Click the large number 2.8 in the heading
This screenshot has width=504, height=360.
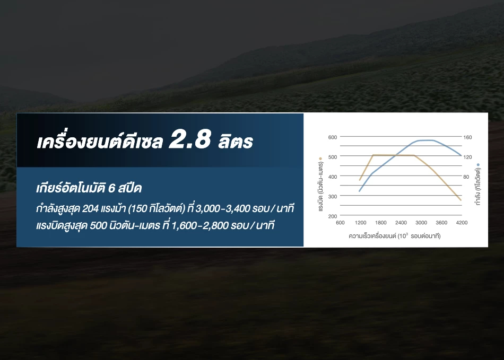pyautogui.click(x=190, y=139)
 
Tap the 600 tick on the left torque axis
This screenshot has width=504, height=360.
pyautogui.click(x=332, y=137)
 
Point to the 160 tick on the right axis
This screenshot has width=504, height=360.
pyautogui.click(x=467, y=137)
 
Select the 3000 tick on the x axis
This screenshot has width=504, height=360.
pyautogui.click(x=421, y=223)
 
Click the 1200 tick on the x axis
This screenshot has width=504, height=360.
pyautogui.click(x=360, y=223)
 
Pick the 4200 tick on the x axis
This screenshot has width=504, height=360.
pyautogui.click(x=462, y=223)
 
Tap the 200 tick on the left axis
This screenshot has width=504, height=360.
pyautogui.click(x=332, y=216)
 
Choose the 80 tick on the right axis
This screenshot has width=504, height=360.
pyautogui.click(x=466, y=177)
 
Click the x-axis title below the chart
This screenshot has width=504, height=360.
pyautogui.click(x=394, y=236)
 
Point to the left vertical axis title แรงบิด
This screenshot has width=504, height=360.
pyautogui.click(x=320, y=187)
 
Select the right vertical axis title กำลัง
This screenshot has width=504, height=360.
pyautogui.click(x=478, y=187)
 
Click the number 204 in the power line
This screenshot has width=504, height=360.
pyautogui.click(x=90, y=209)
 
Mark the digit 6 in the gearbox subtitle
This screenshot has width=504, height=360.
pyautogui.click(x=111, y=188)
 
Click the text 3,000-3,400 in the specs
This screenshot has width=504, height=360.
pyautogui.click(x=222, y=209)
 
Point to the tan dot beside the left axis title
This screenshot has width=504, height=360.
pyautogui.click(x=320, y=159)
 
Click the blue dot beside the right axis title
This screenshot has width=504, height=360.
pyautogui.click(x=478, y=165)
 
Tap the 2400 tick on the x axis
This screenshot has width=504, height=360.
pyautogui.click(x=401, y=223)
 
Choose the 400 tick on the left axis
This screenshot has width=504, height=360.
pyautogui.click(x=332, y=177)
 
